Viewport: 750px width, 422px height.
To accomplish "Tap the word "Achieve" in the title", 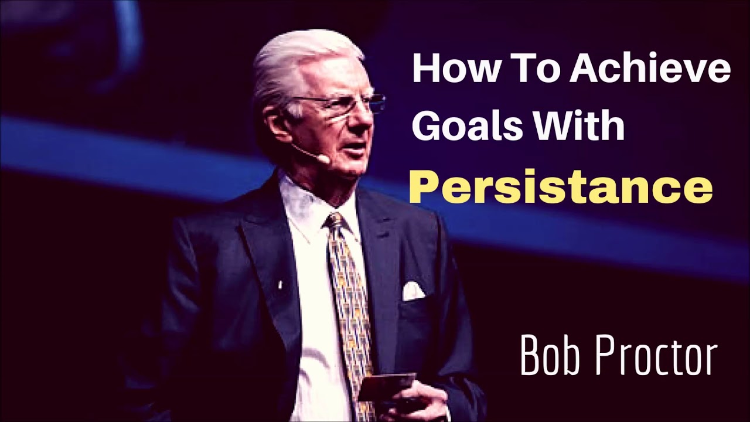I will (650, 70).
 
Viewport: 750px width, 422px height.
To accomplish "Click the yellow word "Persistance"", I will (560, 188).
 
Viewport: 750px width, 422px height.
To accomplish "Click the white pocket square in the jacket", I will (413, 291).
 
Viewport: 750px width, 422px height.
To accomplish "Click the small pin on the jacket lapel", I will (279, 285).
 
